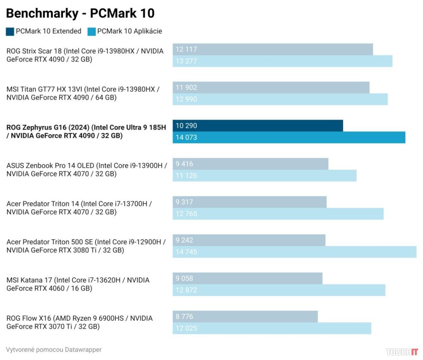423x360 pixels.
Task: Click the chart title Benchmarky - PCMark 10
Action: pyautogui.click(x=80, y=14)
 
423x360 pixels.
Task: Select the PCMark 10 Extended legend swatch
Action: pyautogui.click(x=10, y=31)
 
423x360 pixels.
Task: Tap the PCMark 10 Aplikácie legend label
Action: pyautogui.click(x=129, y=31)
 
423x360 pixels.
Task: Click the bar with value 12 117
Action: pyautogui.click(x=273, y=49)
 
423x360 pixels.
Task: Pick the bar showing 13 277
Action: pyautogui.click(x=282, y=61)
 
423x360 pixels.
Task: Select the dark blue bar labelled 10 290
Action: pyautogui.click(x=258, y=126)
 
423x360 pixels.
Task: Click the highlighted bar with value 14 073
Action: pyautogui.click(x=289, y=137)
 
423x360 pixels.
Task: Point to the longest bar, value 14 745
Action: pyautogui.click(x=294, y=252)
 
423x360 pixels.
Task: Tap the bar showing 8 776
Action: pyautogui.click(x=245, y=317)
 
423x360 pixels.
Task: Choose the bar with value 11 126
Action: pyautogui.click(x=264, y=175)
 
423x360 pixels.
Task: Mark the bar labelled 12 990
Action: pyautogui.click(x=280, y=99)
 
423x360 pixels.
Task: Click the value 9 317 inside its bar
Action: pyautogui.click(x=184, y=202)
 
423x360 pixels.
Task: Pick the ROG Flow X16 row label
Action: pyautogui.click(x=79, y=322)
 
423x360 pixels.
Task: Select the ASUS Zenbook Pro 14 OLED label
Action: pyautogui.click(x=86, y=169)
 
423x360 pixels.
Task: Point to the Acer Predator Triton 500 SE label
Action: pyautogui.click(x=86, y=246)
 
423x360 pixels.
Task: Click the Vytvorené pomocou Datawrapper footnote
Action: pyautogui.click(x=54, y=350)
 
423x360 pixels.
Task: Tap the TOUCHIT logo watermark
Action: pyautogui.click(x=402, y=352)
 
